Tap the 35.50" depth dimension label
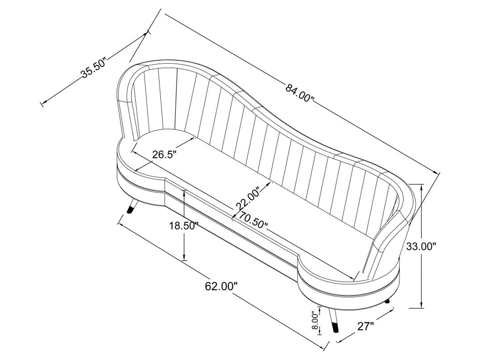pyautogui.click(x=93, y=68)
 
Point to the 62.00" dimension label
pyautogui.click(x=221, y=286)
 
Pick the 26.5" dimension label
pyautogui.click(x=164, y=155)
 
